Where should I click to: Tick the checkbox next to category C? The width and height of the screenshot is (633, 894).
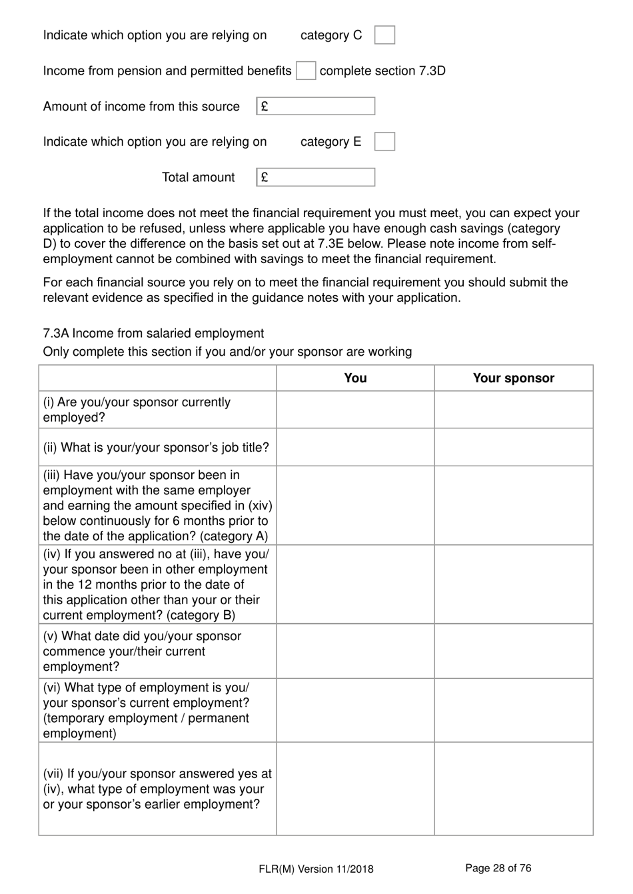point(384,35)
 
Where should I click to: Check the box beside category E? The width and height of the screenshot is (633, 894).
point(384,141)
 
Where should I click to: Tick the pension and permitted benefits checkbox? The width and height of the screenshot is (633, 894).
point(306,71)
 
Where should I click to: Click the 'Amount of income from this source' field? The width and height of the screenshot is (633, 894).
point(316,107)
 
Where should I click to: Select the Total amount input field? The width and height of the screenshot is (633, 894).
point(316,177)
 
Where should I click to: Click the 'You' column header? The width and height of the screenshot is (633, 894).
point(355,378)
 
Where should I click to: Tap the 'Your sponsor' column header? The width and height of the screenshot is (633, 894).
point(513,378)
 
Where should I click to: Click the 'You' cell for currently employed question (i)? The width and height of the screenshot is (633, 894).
point(355,410)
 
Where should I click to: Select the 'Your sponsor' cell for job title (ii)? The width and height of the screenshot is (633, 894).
point(513,447)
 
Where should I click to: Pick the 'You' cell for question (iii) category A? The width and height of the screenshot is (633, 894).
point(355,506)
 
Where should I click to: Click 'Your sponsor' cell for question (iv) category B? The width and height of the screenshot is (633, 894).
point(513,584)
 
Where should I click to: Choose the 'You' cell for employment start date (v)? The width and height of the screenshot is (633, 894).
point(355,651)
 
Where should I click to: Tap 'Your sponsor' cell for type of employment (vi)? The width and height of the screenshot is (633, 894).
point(513,710)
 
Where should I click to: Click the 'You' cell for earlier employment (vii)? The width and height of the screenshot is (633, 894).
point(355,789)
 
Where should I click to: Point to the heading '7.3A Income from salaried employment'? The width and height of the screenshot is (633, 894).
point(153,333)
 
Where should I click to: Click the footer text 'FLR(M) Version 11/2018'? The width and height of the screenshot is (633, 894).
point(316,869)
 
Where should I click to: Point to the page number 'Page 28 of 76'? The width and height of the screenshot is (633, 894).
point(498,868)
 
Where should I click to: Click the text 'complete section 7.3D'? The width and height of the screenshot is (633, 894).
point(382,71)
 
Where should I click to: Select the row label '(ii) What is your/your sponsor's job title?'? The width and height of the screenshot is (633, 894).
point(157,447)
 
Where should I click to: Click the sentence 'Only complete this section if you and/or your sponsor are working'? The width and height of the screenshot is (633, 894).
point(227,352)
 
